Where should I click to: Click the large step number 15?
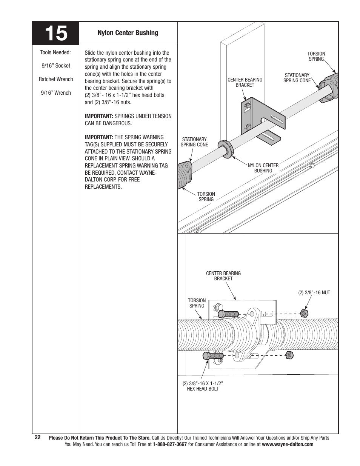(x=55, y=34)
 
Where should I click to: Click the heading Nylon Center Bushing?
(x=128, y=33)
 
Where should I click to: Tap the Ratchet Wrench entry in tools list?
(x=56, y=79)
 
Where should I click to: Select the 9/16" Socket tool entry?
(x=56, y=66)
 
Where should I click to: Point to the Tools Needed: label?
(x=56, y=52)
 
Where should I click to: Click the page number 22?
(x=37, y=437)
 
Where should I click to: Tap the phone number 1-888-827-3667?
(x=170, y=444)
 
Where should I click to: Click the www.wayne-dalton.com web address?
(x=288, y=444)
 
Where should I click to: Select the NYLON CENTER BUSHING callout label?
(x=263, y=168)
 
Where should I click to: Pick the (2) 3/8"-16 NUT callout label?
(x=314, y=292)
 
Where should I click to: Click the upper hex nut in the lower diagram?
(x=303, y=313)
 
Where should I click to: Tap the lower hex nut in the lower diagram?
(x=289, y=355)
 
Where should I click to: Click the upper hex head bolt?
(x=228, y=314)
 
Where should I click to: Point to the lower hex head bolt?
(x=214, y=355)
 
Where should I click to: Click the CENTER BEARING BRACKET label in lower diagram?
(x=223, y=276)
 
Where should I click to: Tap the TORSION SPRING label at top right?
(x=316, y=56)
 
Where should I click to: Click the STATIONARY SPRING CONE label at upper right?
(x=297, y=78)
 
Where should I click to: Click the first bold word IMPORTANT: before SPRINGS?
(x=99, y=116)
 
